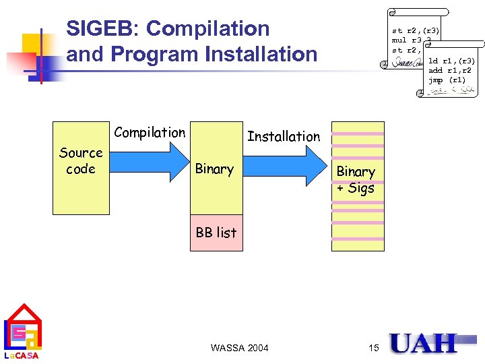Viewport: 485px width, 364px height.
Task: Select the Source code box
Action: (80, 167)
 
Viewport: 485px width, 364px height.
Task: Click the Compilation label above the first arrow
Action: (150, 133)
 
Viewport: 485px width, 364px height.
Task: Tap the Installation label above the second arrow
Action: (284, 136)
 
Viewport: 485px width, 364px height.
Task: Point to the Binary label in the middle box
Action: (214, 169)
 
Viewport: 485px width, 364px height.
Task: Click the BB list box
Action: (216, 233)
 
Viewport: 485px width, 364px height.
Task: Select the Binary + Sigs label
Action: (355, 180)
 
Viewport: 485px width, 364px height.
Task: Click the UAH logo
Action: (423, 344)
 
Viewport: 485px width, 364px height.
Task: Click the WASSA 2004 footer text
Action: (239, 348)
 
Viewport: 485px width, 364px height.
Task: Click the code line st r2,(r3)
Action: (416, 30)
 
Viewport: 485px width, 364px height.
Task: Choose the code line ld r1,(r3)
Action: (456, 61)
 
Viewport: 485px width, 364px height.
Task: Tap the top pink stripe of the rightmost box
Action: (358, 133)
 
